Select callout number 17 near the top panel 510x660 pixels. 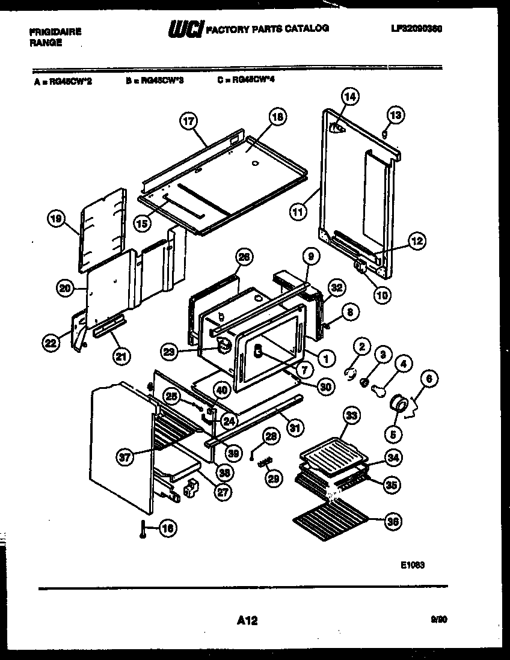pos(189,121)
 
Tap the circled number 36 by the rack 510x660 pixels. pos(392,521)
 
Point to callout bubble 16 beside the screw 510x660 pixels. pos(168,528)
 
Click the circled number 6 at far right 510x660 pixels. pos(429,379)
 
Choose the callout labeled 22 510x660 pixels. pos(51,343)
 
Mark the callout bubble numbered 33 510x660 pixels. pos(351,415)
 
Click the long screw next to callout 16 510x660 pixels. pos(143,529)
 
